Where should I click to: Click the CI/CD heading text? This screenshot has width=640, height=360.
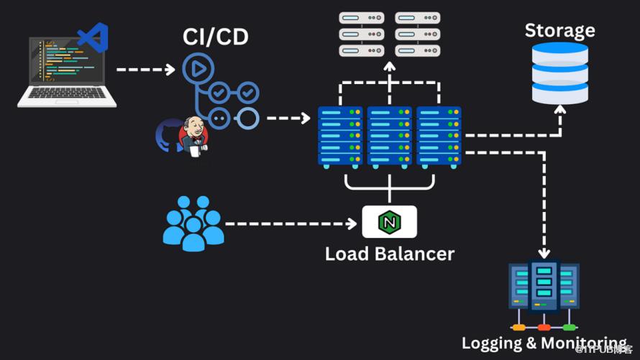(216, 36)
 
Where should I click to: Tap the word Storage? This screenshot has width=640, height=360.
(559, 30)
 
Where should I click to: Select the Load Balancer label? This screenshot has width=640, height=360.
(389, 254)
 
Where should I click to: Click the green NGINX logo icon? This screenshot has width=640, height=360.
(389, 222)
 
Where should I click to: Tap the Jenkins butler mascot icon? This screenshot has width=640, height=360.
(193, 136)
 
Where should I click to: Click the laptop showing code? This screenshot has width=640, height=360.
(66, 73)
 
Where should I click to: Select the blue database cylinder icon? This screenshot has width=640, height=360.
(559, 72)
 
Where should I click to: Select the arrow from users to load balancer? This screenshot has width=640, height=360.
(291, 223)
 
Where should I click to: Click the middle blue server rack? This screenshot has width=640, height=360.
(389, 137)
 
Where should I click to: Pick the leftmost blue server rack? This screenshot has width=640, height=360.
(340, 137)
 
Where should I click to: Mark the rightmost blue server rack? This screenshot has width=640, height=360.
(438, 137)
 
